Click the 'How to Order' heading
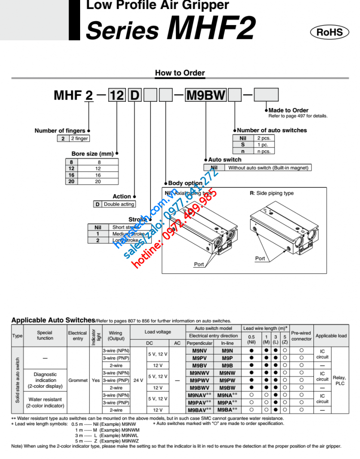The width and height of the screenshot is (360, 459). [x=180, y=73]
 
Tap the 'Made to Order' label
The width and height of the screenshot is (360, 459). [x=288, y=110]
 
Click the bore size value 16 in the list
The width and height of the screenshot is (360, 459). [x=97, y=175]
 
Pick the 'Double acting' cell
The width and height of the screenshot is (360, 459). [x=119, y=204]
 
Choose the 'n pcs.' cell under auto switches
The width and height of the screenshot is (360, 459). [x=263, y=151]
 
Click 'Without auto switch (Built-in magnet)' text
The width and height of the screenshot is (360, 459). [x=268, y=168]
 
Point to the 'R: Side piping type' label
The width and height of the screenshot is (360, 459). [x=271, y=193]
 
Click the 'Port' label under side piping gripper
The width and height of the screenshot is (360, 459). [x=260, y=258]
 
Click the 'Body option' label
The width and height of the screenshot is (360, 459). [x=185, y=183]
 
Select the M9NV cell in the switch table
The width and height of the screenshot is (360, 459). [x=199, y=351]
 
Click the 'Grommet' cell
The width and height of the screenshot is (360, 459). [x=78, y=380]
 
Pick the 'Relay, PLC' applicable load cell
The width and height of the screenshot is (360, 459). [x=339, y=380]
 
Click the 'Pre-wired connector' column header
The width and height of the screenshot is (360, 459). [x=301, y=336]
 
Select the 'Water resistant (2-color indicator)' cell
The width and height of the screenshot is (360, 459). [x=45, y=402]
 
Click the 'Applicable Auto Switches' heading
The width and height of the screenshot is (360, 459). [x=53, y=320]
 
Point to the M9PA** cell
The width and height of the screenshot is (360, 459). [x=227, y=403]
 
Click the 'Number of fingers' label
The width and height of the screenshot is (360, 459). [x=60, y=130]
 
